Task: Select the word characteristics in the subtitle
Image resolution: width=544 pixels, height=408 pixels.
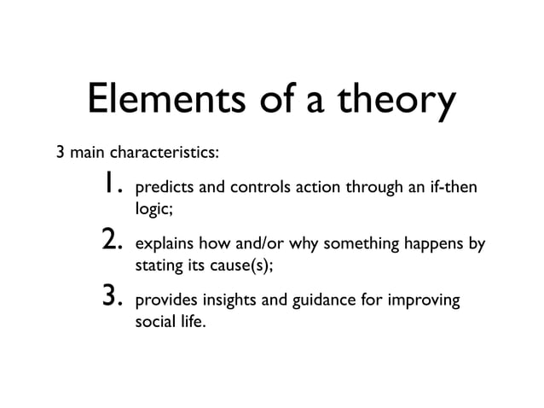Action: click(x=166, y=154)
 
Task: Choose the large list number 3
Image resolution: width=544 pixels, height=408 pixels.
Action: click(x=113, y=300)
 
